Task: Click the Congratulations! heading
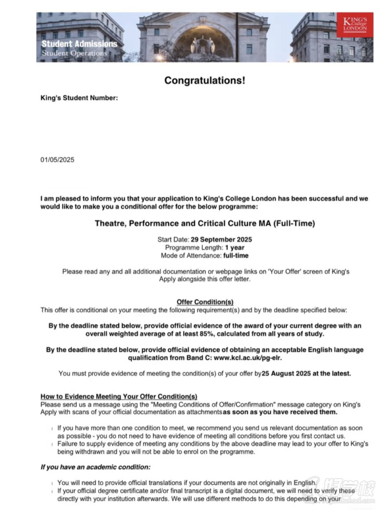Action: coord(205,80)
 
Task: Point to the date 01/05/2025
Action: coord(57,160)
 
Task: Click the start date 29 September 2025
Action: coord(221,239)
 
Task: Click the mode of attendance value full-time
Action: coord(236,255)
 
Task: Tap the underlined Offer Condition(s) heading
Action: coord(205,302)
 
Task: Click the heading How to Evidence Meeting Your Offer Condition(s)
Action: coord(118,396)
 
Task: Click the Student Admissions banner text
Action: coord(79,44)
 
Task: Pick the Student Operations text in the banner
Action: coord(74,53)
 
